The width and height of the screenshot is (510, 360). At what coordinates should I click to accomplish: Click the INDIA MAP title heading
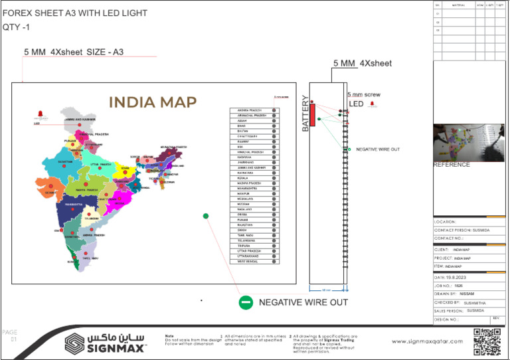point(152,102)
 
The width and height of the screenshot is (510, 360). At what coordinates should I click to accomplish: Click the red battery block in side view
point(312,115)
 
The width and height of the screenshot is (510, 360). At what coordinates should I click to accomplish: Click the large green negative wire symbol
point(246,303)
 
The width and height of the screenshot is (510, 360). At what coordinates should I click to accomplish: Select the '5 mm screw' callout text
point(364,95)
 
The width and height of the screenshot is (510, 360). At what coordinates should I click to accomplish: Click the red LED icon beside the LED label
point(373,104)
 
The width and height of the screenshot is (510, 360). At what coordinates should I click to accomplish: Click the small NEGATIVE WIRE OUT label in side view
point(378,149)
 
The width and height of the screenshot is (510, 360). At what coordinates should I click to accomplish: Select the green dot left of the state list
point(206,215)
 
